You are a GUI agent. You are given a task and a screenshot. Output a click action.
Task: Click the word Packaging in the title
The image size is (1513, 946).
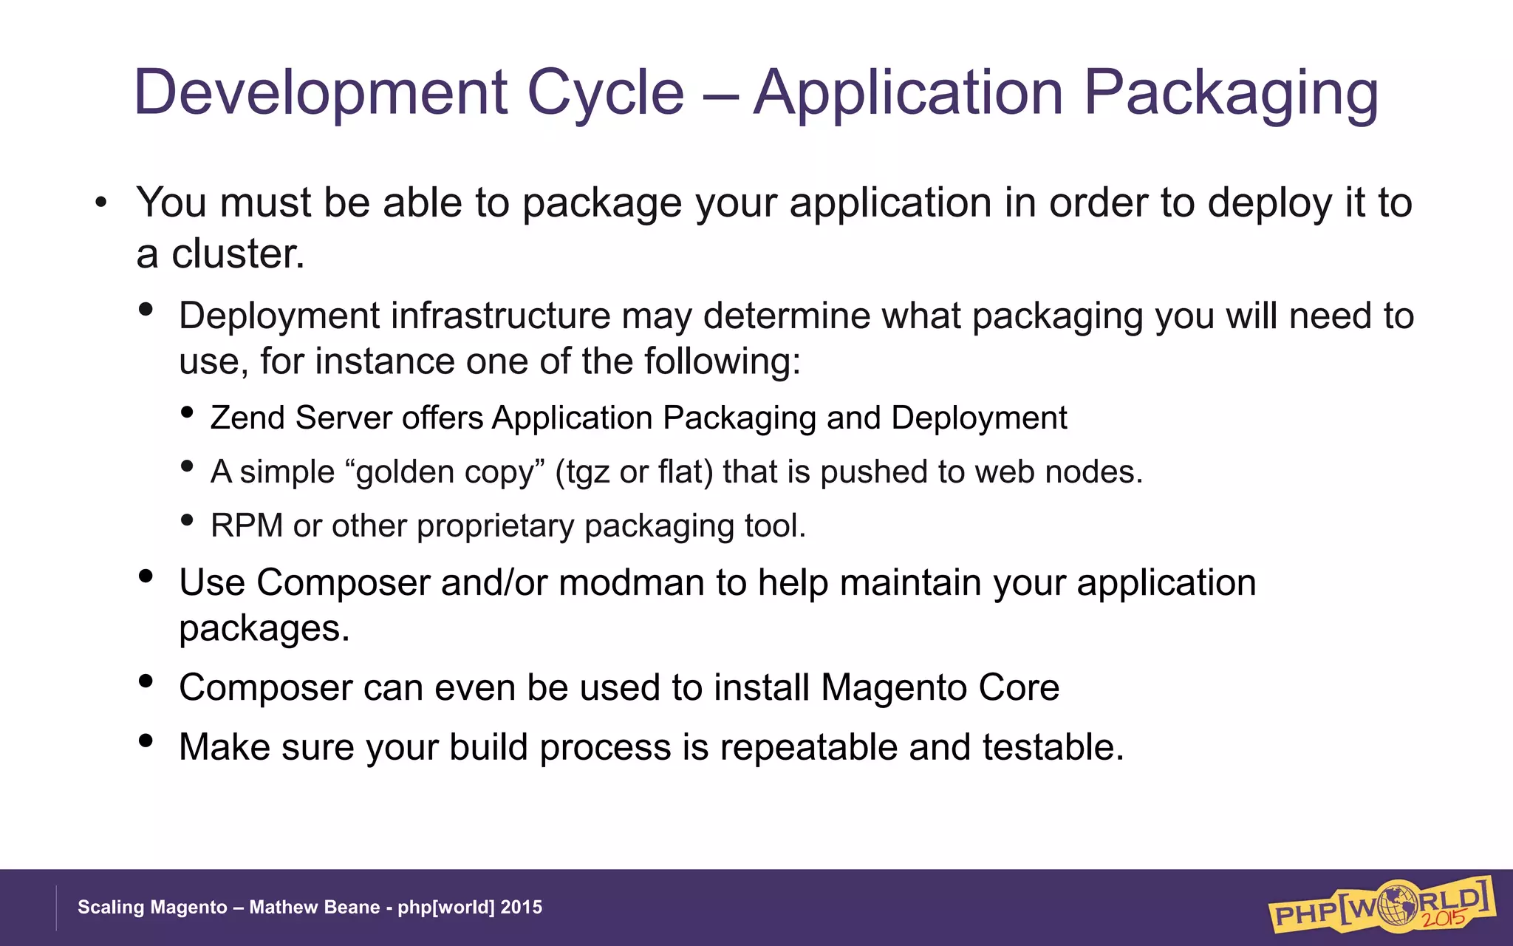coord(1230,94)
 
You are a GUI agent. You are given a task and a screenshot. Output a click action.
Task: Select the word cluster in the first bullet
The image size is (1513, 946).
coord(237,254)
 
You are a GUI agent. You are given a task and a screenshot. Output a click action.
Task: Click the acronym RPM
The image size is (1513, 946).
coord(246,526)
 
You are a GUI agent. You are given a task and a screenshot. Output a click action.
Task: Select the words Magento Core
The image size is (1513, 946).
coord(940,688)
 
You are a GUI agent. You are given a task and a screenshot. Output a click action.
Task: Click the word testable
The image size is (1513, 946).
coord(1053,747)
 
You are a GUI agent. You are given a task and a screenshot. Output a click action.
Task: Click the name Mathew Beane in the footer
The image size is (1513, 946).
coord(314,908)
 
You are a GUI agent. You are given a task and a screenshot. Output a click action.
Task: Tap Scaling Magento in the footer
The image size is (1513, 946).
coord(152,908)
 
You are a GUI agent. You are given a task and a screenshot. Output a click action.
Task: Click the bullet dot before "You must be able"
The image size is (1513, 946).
coord(101,203)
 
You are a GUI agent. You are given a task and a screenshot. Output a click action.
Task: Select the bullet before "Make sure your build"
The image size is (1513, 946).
coord(146,740)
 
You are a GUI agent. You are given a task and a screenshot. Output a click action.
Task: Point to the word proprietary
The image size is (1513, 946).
coord(495,526)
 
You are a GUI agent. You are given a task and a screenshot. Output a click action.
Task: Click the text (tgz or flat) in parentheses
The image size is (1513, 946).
coord(634,472)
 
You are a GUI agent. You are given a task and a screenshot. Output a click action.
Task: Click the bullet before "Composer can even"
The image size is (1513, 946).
coord(146,681)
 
